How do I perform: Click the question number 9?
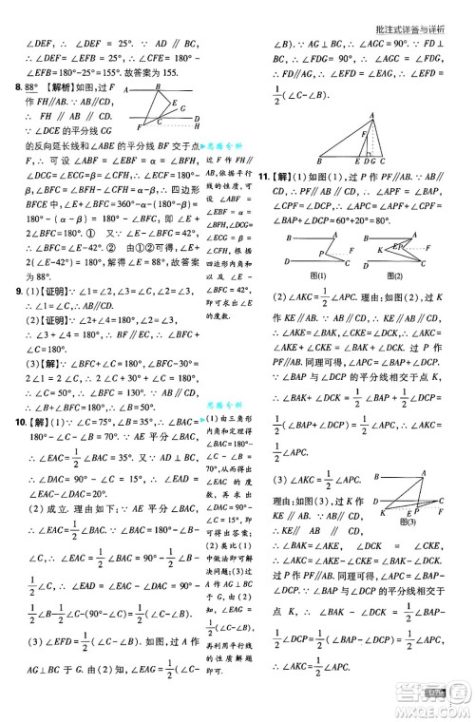click(x=11, y=294)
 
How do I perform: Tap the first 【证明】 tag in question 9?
click(x=39, y=294)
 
